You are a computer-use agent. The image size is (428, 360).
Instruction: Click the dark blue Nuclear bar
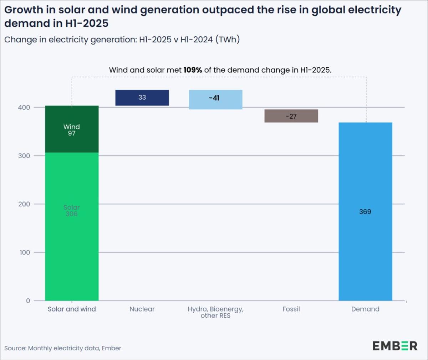(x=142, y=98)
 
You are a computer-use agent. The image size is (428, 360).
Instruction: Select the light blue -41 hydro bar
(x=215, y=99)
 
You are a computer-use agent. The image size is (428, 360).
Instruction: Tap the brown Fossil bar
(x=291, y=116)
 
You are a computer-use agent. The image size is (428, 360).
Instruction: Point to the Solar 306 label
(x=71, y=211)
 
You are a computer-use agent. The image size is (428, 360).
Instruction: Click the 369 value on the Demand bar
(x=365, y=212)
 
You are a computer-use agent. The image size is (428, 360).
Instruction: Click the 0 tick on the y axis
(x=28, y=301)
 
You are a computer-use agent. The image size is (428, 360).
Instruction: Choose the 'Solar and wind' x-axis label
(x=72, y=309)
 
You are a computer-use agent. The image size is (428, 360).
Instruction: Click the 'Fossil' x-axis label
(x=291, y=309)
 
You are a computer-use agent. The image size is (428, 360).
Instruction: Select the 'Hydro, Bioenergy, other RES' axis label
(x=215, y=312)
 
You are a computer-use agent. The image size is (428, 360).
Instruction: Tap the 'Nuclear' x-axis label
(x=142, y=309)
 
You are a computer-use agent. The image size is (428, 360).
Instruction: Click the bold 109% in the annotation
(x=193, y=70)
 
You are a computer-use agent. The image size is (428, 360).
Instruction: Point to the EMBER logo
(x=395, y=346)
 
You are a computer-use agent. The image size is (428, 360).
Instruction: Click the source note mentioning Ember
(x=63, y=348)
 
